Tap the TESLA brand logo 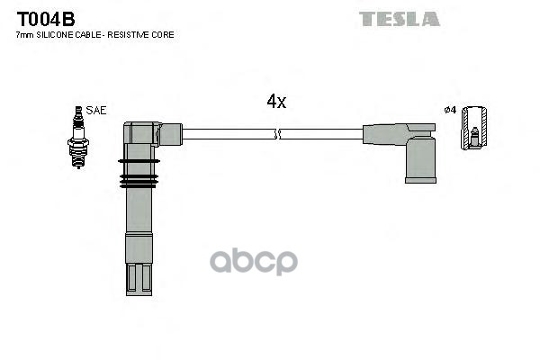399,18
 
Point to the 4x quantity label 276,102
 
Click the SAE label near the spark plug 97,110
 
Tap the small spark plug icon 78,136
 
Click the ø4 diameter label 450,110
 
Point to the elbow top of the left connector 141,132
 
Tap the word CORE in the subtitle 164,35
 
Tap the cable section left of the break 229,134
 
